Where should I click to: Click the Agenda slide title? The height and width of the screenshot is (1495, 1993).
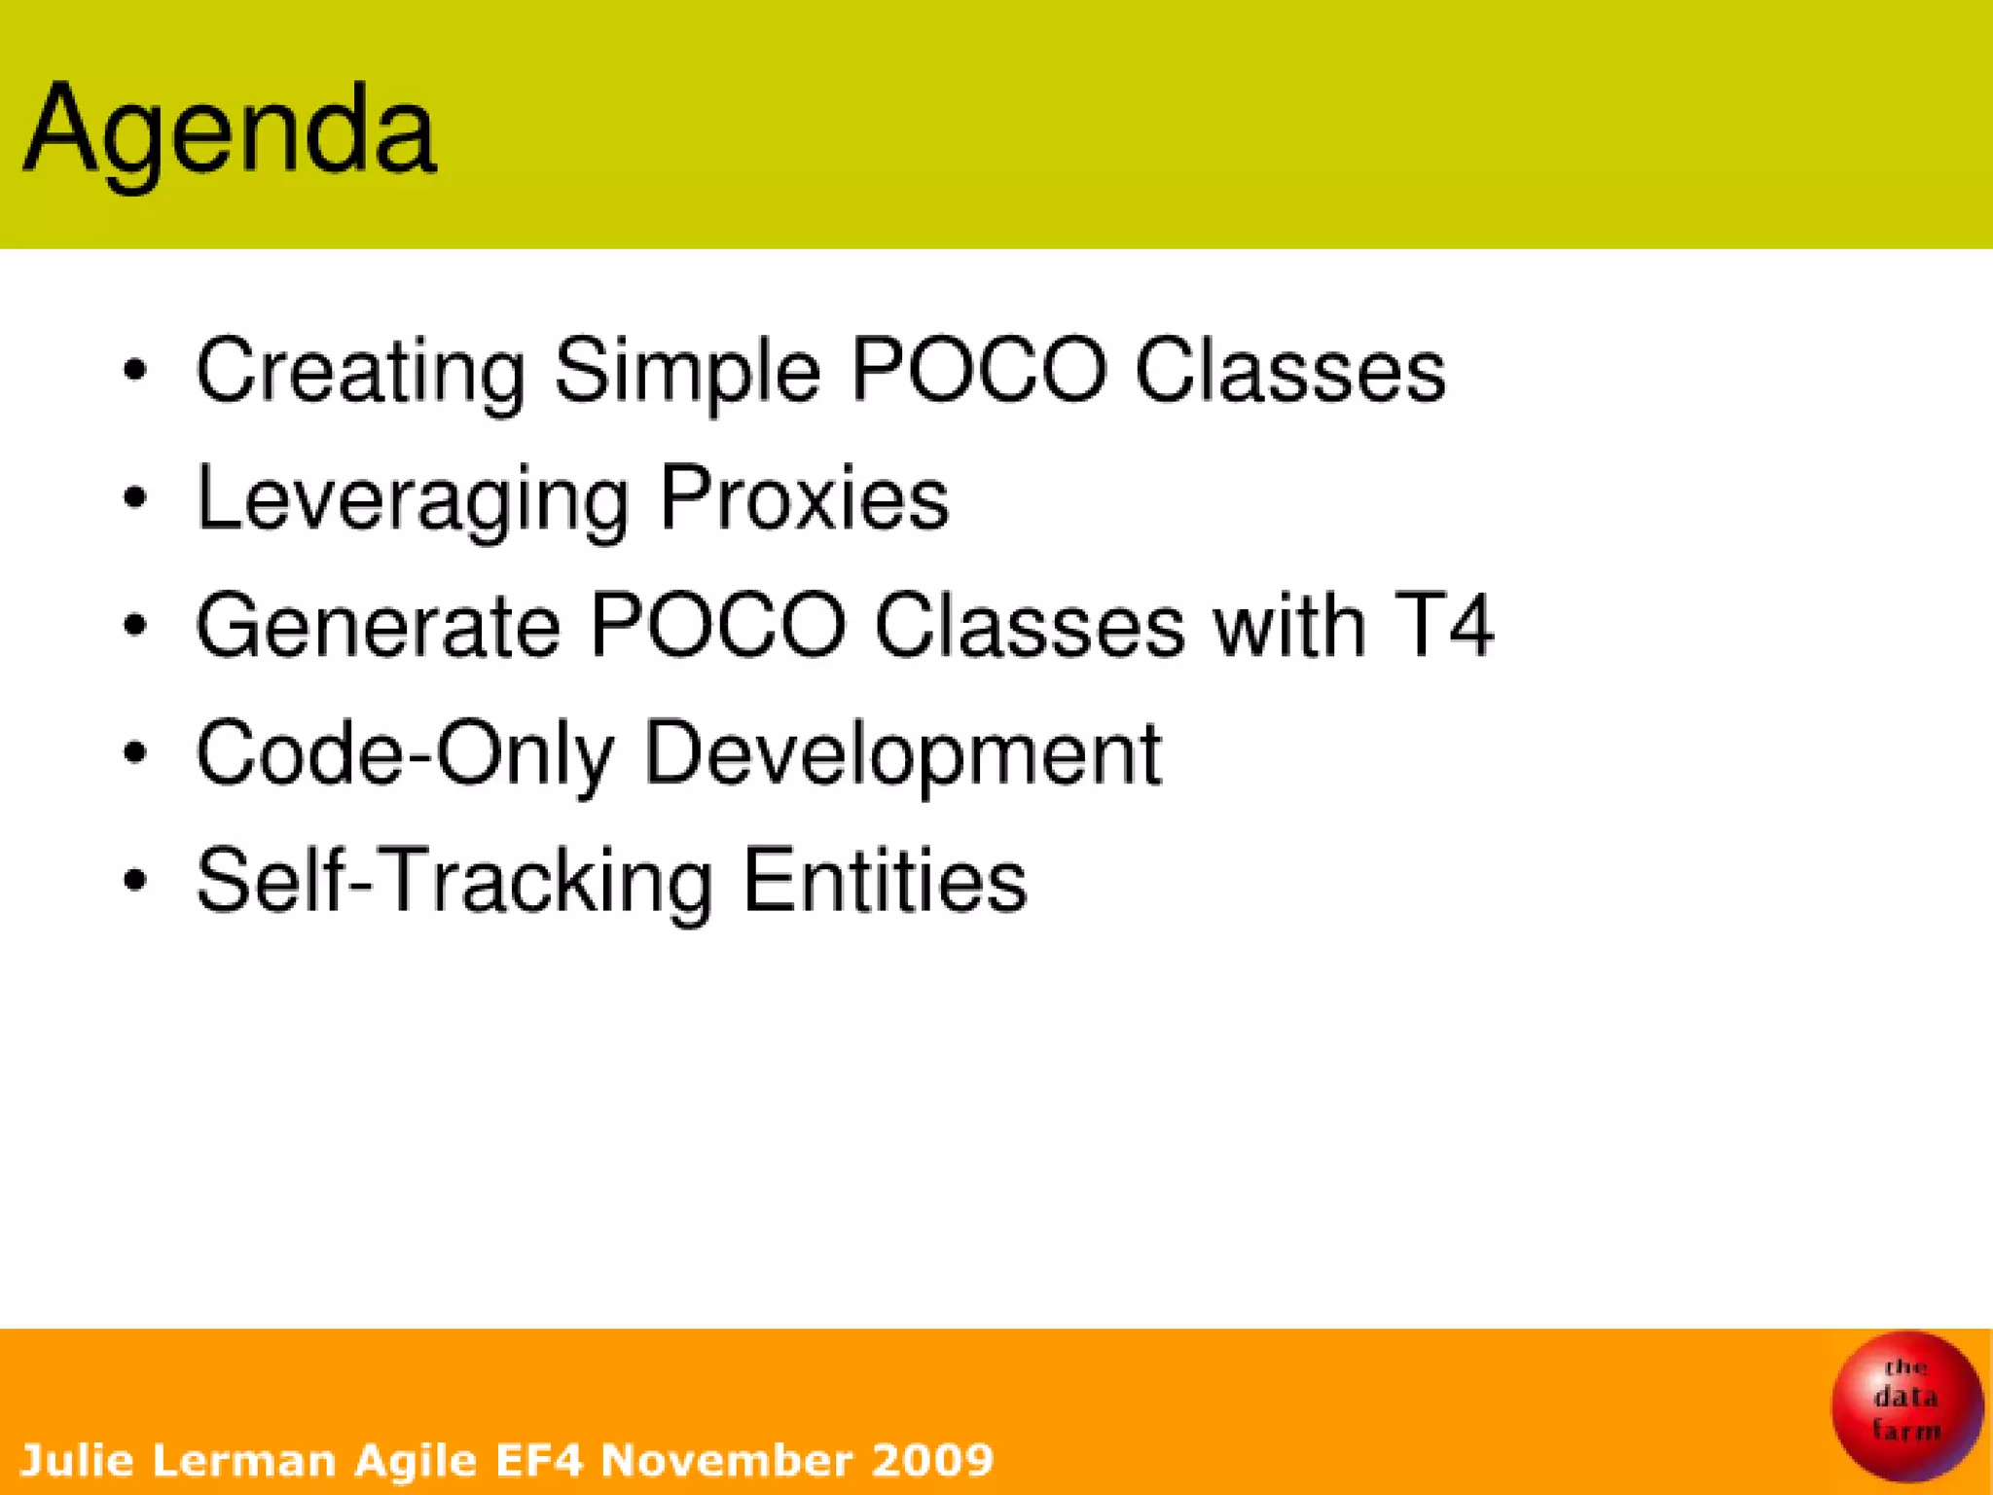[230, 130]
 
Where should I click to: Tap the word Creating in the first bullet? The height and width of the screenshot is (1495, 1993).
[360, 371]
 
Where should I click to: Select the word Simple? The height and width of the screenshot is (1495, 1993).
[687, 371]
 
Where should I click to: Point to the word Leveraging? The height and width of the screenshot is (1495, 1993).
[413, 499]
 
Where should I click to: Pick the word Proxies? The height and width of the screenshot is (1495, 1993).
[804, 497]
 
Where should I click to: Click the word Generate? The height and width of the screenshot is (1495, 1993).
[378, 625]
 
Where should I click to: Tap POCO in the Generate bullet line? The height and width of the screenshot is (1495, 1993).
[718, 625]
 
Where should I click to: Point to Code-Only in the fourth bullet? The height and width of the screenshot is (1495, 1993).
[405, 752]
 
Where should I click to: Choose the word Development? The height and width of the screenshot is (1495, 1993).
[902, 754]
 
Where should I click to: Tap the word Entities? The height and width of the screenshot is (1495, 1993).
[884, 880]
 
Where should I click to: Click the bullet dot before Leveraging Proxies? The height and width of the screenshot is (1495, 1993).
[135, 498]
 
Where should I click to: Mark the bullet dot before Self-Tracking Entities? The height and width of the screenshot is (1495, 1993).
[135, 880]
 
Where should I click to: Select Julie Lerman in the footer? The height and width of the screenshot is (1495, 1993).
[178, 1460]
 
